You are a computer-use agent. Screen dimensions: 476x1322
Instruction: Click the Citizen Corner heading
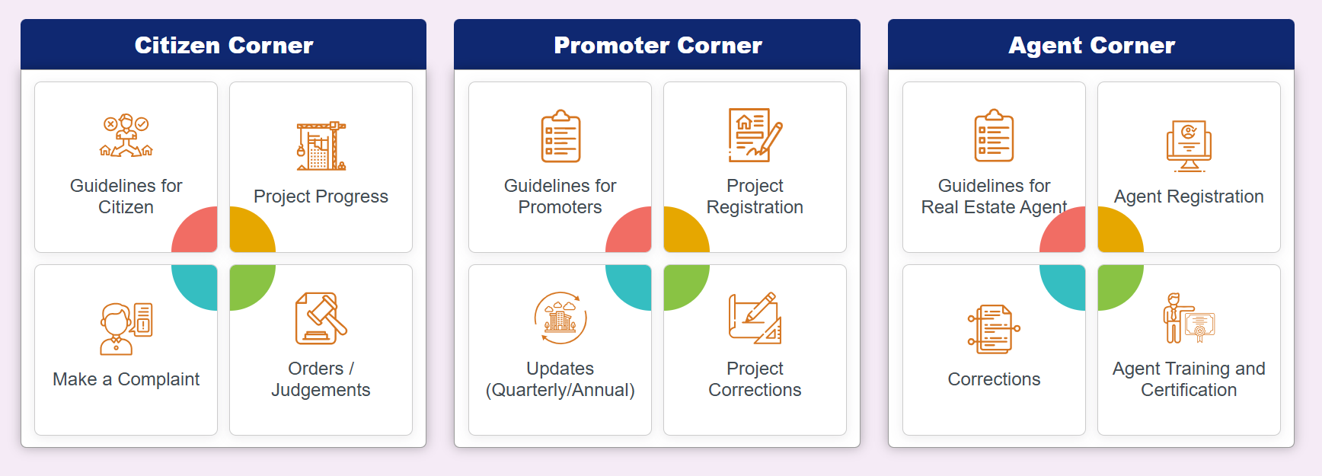click(x=224, y=46)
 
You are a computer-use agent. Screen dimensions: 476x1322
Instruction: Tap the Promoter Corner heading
click(x=657, y=46)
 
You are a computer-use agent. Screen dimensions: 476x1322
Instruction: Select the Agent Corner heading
click(x=1091, y=46)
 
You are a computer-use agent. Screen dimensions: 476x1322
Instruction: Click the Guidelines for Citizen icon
click(x=126, y=136)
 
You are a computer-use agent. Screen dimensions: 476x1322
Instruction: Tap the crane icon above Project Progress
click(x=321, y=145)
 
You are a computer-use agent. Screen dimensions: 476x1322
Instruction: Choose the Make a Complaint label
click(x=126, y=379)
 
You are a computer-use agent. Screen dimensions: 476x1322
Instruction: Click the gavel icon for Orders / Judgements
click(x=321, y=318)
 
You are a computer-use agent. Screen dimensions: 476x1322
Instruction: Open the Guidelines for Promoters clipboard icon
click(x=560, y=136)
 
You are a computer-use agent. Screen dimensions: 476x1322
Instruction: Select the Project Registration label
click(x=755, y=196)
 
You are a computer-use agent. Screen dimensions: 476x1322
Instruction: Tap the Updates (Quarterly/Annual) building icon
click(x=560, y=318)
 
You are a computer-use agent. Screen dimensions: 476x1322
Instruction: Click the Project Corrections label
click(x=755, y=379)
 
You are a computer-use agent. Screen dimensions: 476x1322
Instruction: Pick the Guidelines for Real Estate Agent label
click(x=994, y=196)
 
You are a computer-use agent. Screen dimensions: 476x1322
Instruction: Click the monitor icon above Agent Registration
click(x=1189, y=145)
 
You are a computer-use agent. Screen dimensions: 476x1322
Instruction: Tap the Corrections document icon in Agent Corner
click(x=994, y=329)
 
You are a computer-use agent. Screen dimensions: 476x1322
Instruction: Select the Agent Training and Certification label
click(x=1189, y=379)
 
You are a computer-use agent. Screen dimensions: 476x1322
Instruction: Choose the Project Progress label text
click(x=321, y=196)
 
